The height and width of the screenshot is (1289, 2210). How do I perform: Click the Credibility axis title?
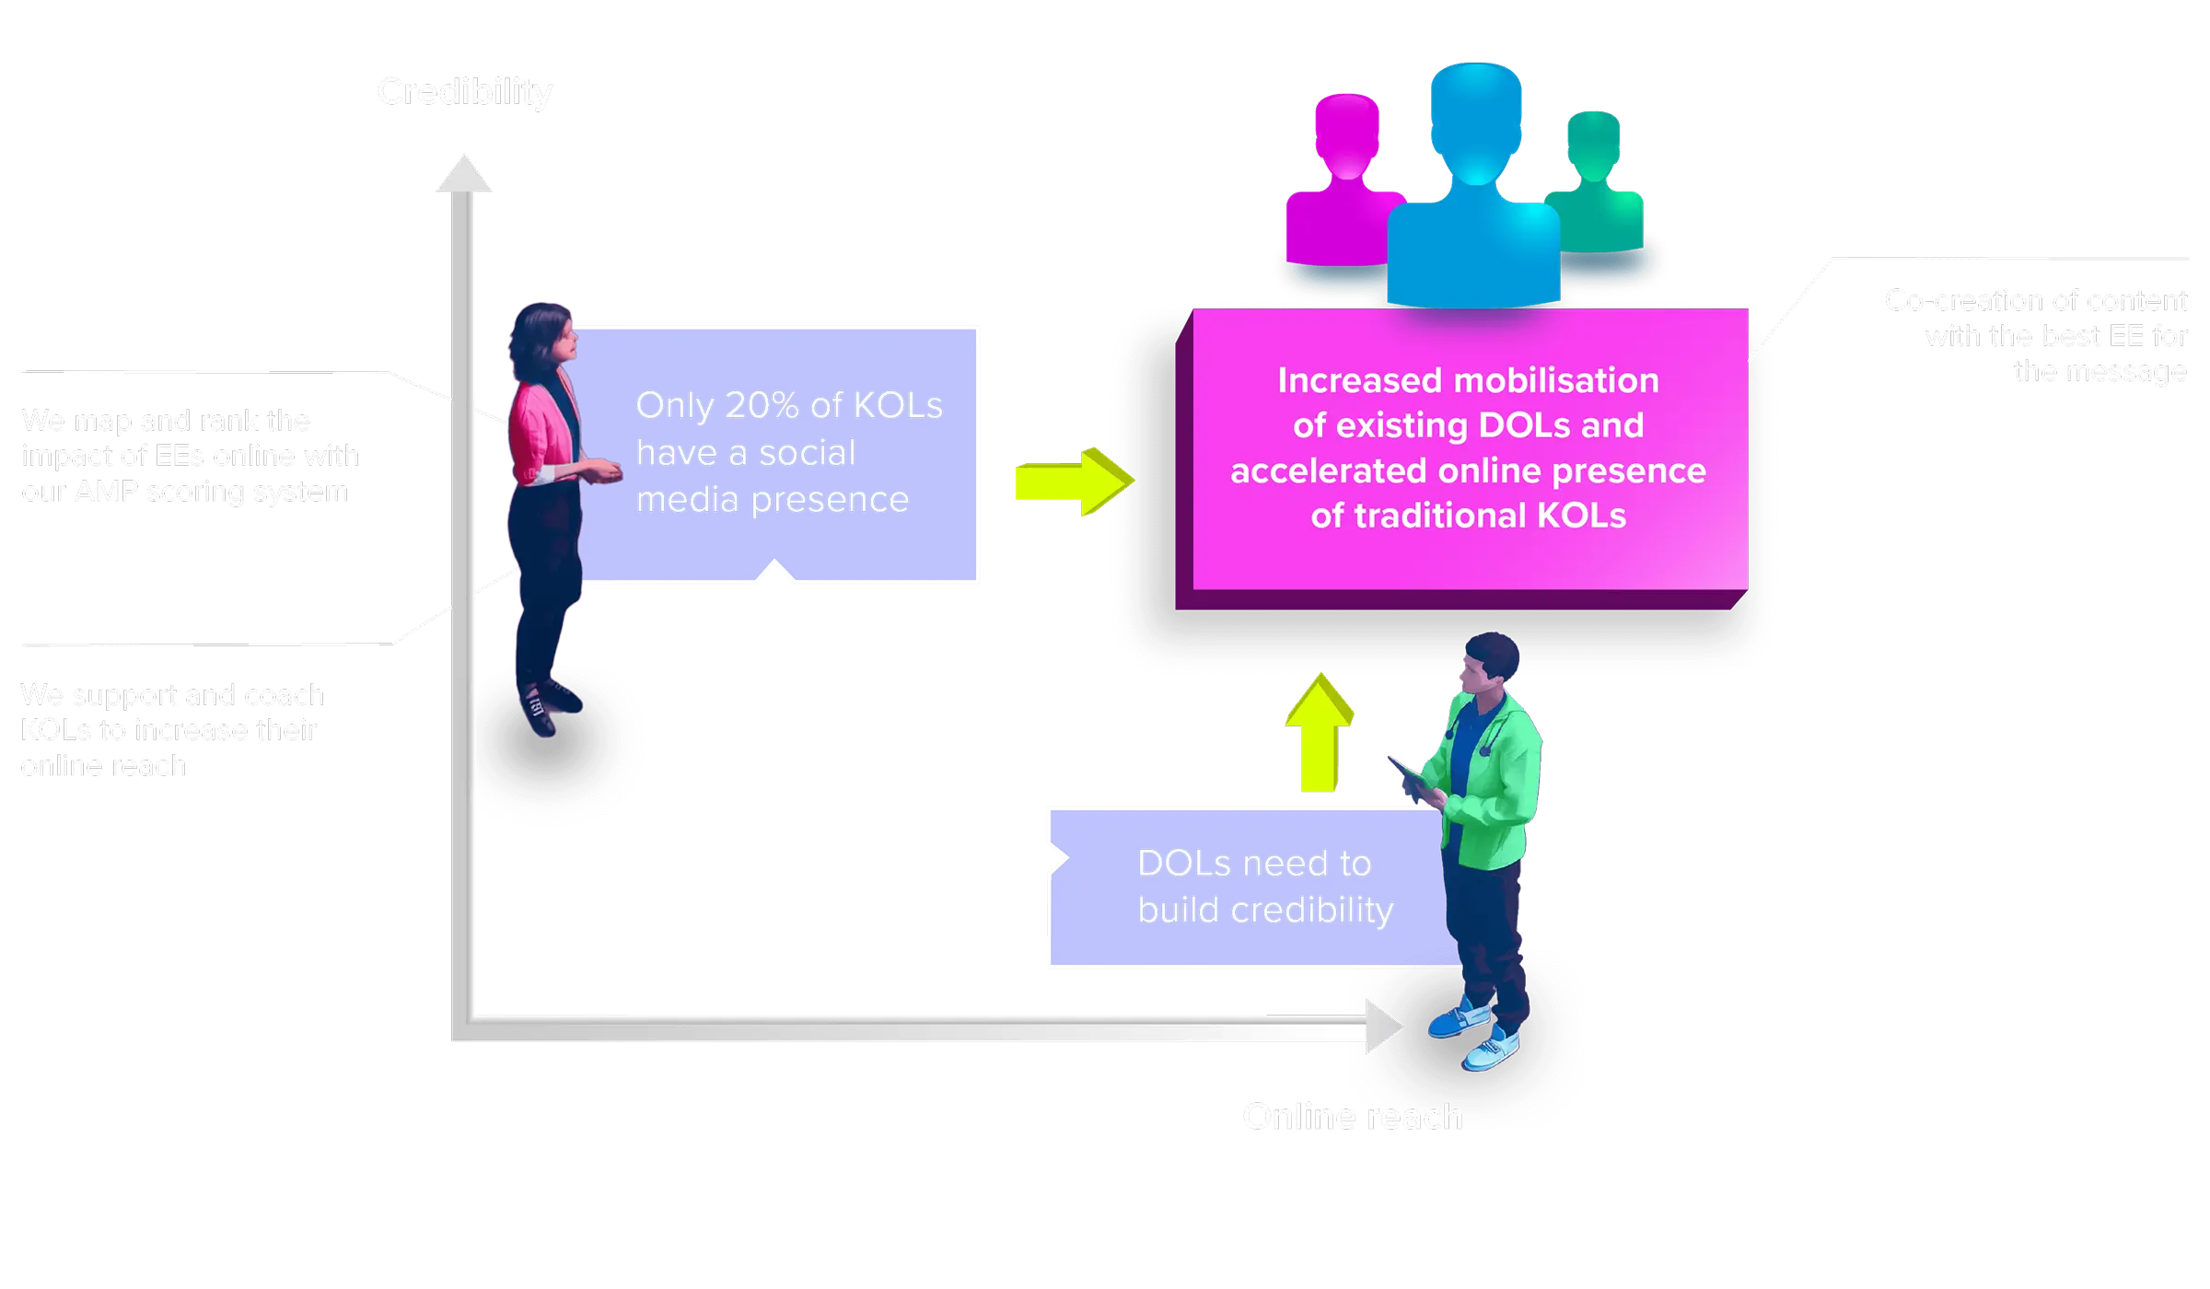coord(464,92)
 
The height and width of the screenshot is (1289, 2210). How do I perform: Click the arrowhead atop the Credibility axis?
coord(464,173)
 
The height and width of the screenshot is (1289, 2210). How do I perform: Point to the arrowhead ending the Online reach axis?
coord(1383,1026)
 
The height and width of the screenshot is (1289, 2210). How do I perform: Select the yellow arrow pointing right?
coord(1074,481)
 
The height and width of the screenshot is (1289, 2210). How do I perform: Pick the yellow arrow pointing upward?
coord(1319,733)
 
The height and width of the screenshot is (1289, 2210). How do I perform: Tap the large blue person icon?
coord(1475,184)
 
